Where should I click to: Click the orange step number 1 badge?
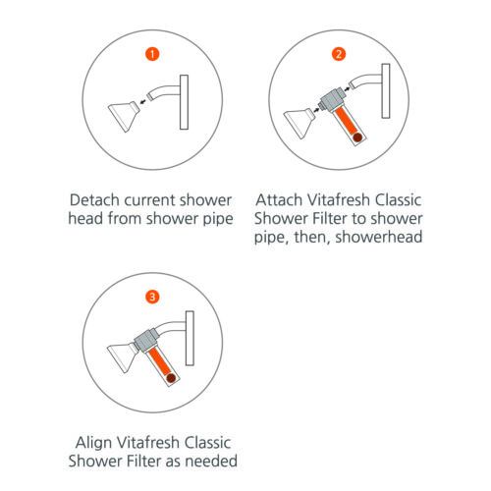click(x=152, y=54)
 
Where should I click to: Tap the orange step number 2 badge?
click(x=339, y=54)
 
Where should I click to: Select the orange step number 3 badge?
click(x=152, y=298)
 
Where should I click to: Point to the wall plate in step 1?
click(x=184, y=102)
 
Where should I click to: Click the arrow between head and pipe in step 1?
click(x=143, y=102)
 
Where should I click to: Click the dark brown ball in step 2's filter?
click(x=357, y=137)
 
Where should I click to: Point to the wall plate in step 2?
click(x=386, y=91)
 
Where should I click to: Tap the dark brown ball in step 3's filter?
click(x=171, y=378)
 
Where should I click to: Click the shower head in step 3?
click(x=122, y=357)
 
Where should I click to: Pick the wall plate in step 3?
click(x=190, y=338)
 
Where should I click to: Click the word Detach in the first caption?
click(x=94, y=200)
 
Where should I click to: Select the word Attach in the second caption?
click(x=279, y=199)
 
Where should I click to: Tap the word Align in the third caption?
click(x=93, y=443)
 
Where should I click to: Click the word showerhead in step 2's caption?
click(x=379, y=237)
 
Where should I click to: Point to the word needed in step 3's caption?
click(x=211, y=461)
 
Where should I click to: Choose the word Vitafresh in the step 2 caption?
click(x=339, y=199)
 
